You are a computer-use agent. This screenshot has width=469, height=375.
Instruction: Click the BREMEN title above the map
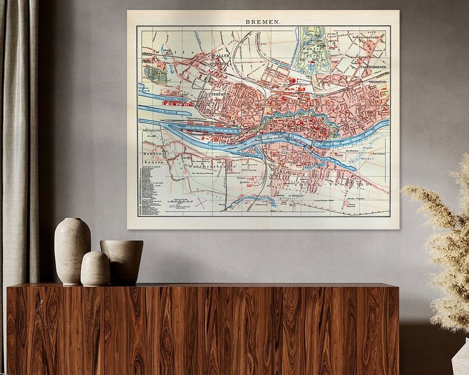coord(263,20)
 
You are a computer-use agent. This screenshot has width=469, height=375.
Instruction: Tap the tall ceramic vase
coord(72,250)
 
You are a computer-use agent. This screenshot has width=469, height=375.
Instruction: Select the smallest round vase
coord(95,269)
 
